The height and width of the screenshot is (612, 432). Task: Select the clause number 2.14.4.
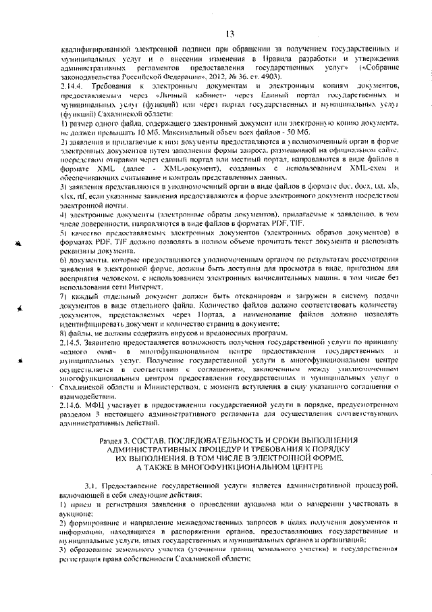pos(72,89)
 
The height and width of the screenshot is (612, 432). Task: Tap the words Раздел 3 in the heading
pos(115,441)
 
